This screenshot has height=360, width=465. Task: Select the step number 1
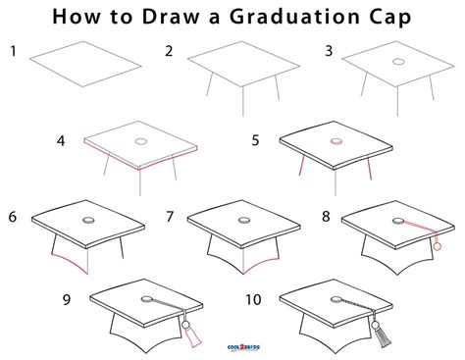tap(13, 50)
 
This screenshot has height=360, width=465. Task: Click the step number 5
tap(255, 140)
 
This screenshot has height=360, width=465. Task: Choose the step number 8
tap(325, 215)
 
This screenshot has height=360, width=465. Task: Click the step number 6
tap(12, 215)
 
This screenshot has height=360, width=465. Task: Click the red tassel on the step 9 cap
tap(192, 338)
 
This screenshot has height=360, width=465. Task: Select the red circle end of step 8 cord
tap(437, 247)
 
